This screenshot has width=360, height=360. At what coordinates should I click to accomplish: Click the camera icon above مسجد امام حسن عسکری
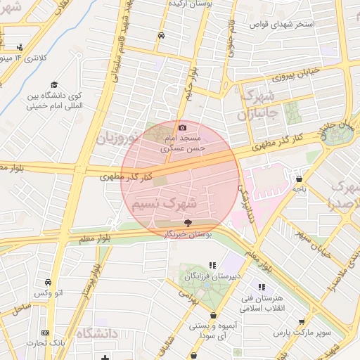point(183,127)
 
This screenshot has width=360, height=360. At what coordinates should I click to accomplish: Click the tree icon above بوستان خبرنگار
point(186,221)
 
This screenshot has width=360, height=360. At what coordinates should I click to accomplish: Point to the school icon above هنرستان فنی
point(262,287)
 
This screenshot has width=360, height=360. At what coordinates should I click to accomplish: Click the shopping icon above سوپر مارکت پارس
point(302,321)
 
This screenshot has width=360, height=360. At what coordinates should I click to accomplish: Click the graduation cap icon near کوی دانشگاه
point(53,86)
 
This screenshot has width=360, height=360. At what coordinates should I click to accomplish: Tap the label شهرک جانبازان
point(260,104)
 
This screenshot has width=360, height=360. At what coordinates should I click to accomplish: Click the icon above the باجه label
point(300,179)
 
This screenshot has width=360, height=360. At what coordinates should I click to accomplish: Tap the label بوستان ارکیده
point(186,4)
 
